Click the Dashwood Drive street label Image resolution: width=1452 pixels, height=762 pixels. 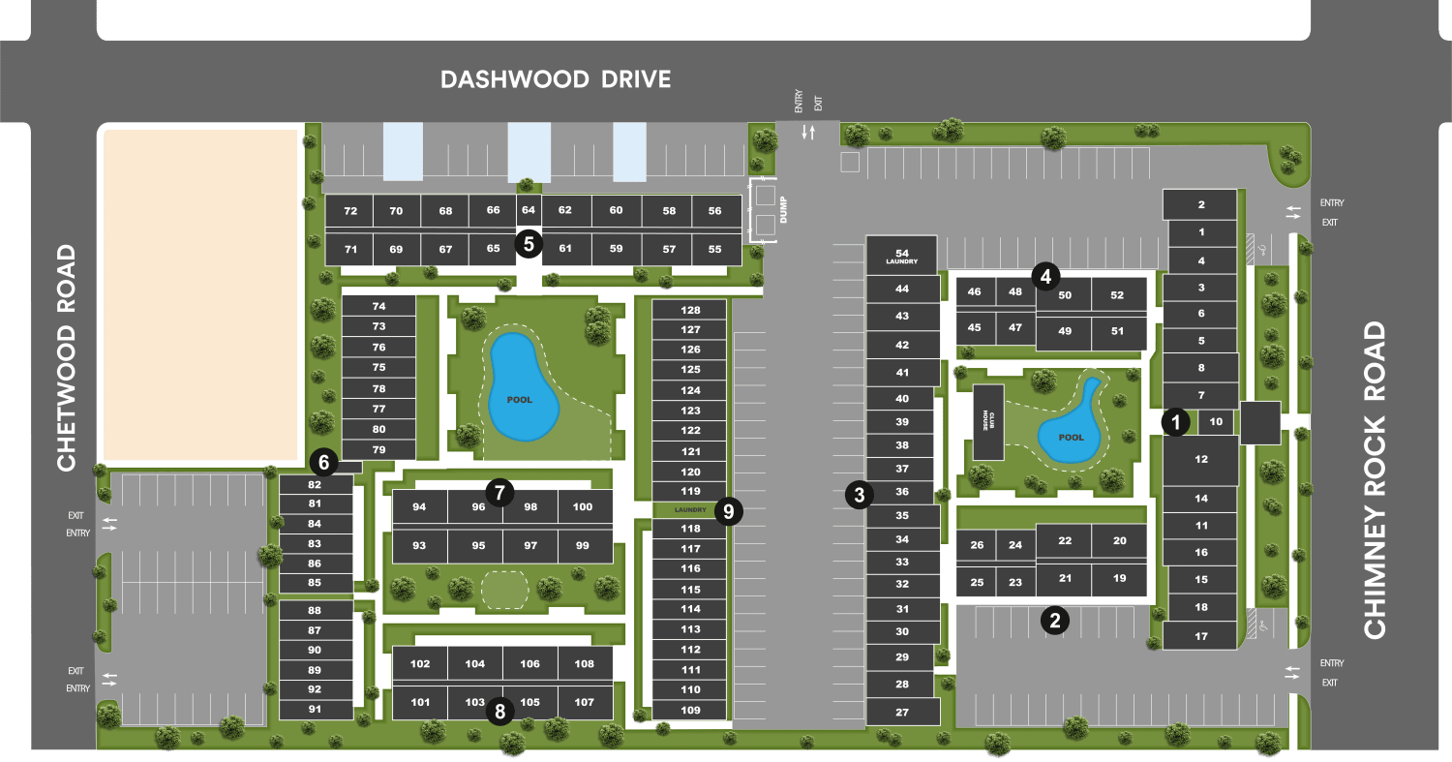click(x=556, y=78)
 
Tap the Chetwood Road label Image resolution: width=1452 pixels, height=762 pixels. click(x=66, y=358)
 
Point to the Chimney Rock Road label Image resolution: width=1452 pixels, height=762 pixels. click(x=1375, y=480)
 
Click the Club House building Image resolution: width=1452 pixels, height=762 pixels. click(x=988, y=422)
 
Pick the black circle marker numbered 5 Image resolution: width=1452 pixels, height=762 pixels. click(x=529, y=242)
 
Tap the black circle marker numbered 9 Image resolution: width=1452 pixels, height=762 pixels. click(x=728, y=511)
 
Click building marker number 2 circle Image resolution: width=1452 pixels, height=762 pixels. click(x=1054, y=620)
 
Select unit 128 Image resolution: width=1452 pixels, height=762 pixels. click(x=690, y=310)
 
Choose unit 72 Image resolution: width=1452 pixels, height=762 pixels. click(x=350, y=211)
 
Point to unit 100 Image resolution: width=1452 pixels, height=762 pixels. click(x=583, y=506)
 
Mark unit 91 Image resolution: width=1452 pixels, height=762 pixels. click(x=315, y=710)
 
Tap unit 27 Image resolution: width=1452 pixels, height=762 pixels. click(x=902, y=712)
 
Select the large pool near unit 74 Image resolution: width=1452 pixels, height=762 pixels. click(x=524, y=388)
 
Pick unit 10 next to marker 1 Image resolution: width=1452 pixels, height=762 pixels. click(x=1217, y=421)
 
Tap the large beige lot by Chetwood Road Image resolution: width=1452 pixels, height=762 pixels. click(x=200, y=294)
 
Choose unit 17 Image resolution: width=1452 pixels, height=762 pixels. click(x=1201, y=636)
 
